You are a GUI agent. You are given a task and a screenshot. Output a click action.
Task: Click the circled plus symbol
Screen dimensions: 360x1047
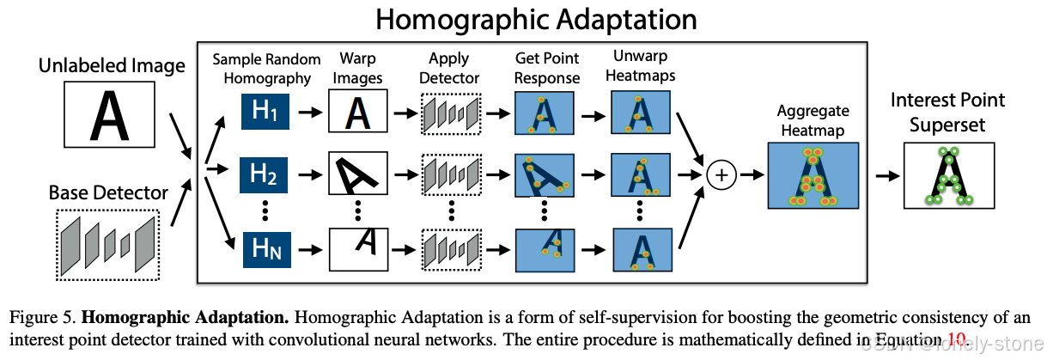click(x=721, y=174)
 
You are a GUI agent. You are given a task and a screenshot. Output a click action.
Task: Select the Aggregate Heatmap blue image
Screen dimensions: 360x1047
click(x=812, y=175)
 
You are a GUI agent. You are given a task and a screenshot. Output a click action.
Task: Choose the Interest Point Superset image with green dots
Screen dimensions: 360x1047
click(x=948, y=175)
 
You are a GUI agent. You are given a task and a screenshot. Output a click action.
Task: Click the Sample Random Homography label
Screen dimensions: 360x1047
click(x=265, y=69)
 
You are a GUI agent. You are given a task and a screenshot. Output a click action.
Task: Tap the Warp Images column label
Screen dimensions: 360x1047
click(x=357, y=69)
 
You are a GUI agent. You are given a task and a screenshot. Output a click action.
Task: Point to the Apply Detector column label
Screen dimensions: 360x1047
click(x=449, y=69)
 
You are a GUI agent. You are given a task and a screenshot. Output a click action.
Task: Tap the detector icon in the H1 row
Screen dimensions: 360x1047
click(x=449, y=113)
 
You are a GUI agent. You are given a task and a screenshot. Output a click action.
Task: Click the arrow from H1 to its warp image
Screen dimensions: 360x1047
click(x=310, y=113)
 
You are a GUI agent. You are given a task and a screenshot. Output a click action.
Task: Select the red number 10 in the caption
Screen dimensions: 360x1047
click(x=957, y=338)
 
